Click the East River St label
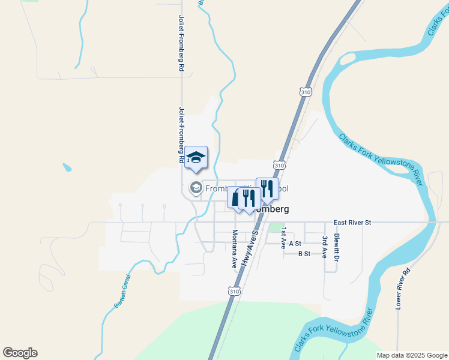[353, 223]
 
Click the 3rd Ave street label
[324, 247]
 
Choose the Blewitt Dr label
[337, 247]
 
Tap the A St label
[295, 244]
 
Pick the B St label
[304, 254]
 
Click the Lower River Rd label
[402, 289]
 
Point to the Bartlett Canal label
[122, 296]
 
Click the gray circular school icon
[196, 188]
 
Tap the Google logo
[20, 353]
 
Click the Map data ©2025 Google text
[411, 355]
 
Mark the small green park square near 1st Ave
[276, 228]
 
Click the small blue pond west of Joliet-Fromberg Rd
[67, 167]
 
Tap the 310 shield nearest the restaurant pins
[279, 164]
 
